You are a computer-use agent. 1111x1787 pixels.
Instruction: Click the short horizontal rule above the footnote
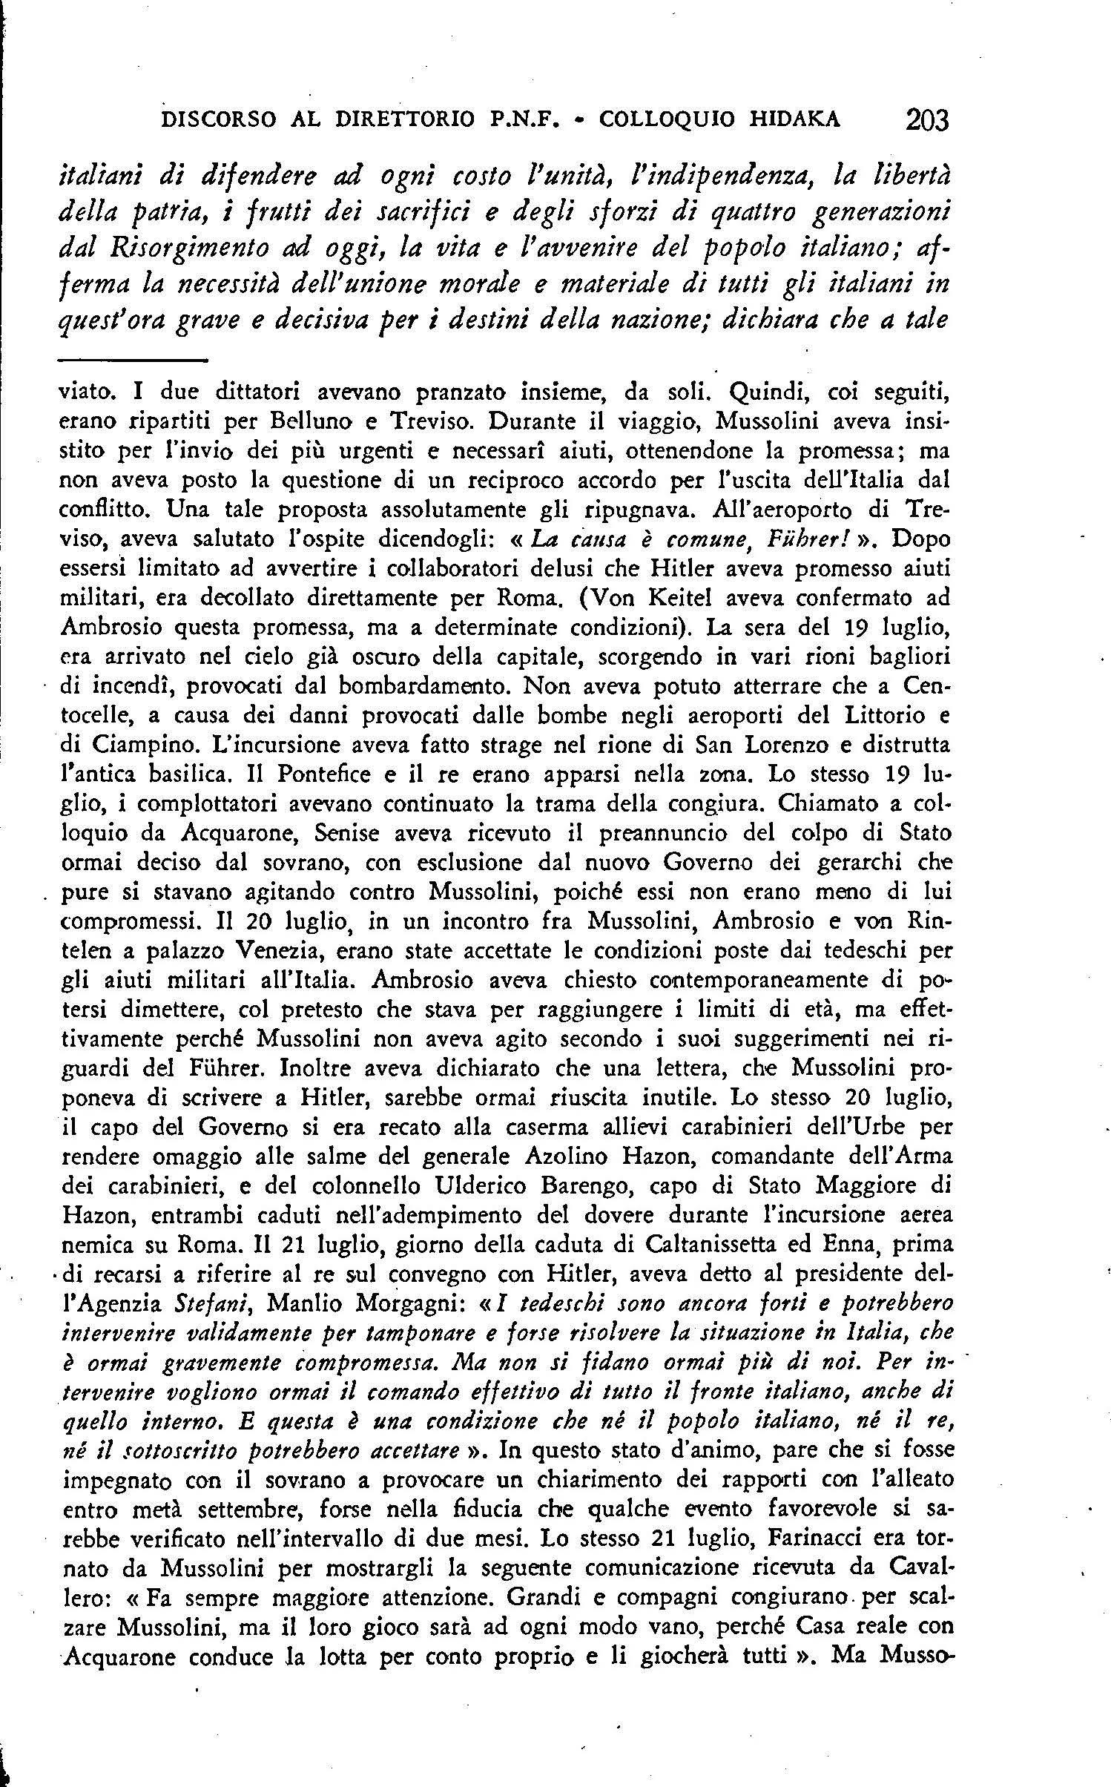pos(131,361)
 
